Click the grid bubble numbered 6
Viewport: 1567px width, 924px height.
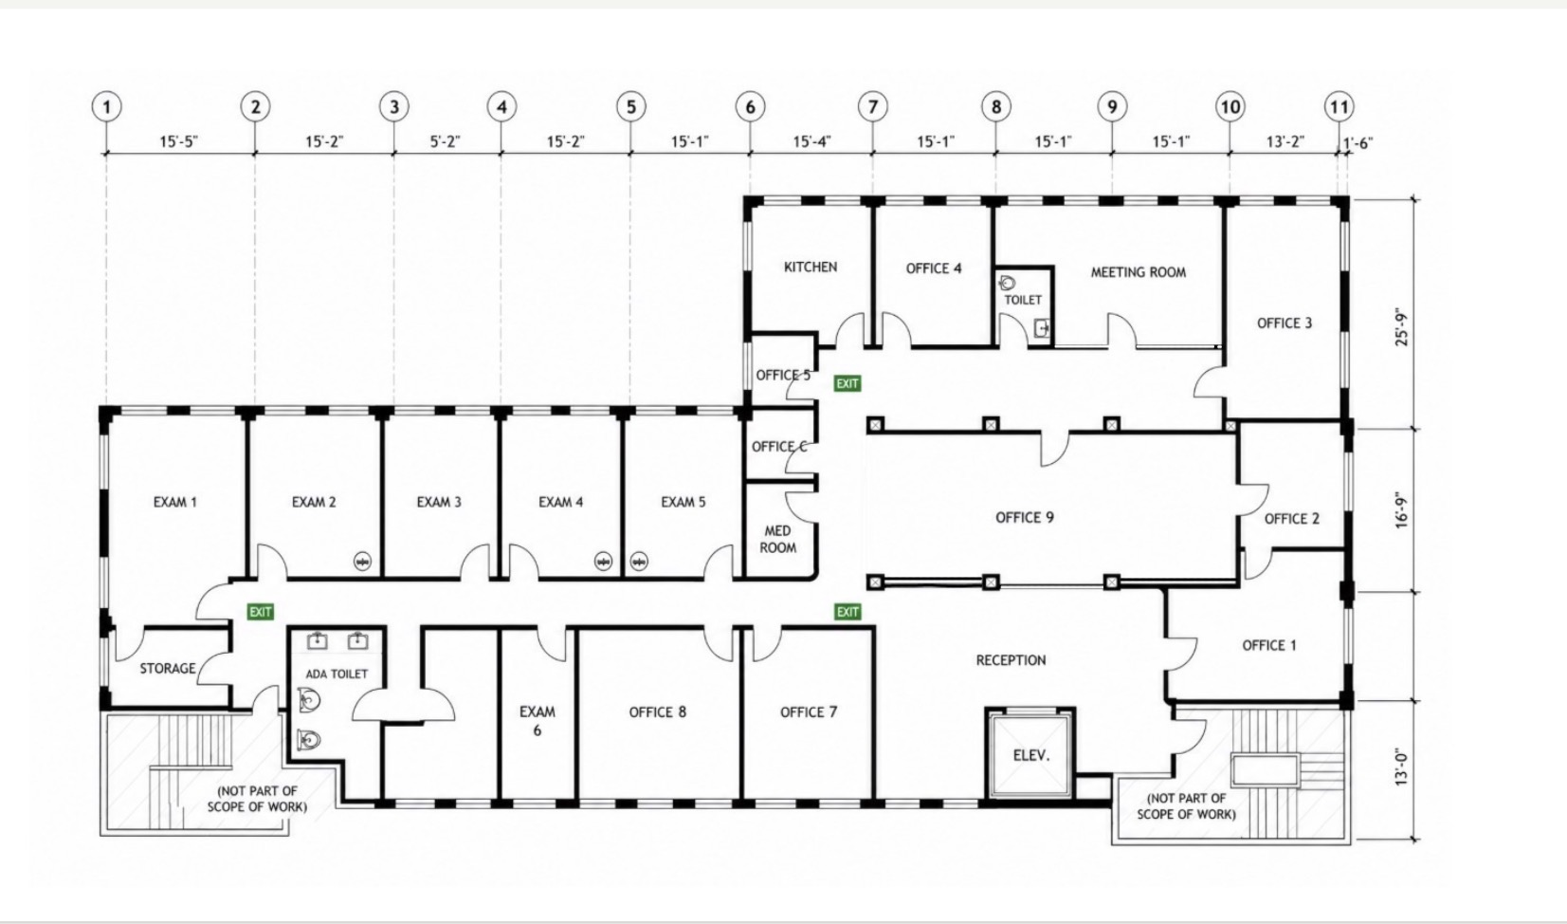tap(750, 107)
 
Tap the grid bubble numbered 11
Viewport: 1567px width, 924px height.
tap(1339, 107)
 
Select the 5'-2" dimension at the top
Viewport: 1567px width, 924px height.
tap(445, 141)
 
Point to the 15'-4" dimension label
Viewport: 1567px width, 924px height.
tap(811, 141)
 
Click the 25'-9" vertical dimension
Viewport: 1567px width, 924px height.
tap(1401, 327)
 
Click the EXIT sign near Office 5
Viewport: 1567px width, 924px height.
tap(847, 383)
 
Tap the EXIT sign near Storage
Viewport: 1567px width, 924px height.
tap(261, 612)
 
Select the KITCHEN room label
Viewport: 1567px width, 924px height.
tap(811, 267)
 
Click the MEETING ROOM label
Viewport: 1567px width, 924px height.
tap(1139, 272)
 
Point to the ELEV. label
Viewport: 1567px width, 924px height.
tap(1031, 755)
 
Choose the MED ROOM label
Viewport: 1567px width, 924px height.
tap(778, 539)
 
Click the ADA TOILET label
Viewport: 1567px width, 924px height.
tap(337, 675)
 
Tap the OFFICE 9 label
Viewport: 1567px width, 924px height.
tap(1024, 517)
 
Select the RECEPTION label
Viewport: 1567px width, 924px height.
tap(1011, 660)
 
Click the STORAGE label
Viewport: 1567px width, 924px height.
tap(168, 669)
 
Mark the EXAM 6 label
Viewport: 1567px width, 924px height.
tap(538, 721)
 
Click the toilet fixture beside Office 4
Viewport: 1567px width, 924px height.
tap(1008, 284)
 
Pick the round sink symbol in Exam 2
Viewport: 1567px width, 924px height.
tap(362, 561)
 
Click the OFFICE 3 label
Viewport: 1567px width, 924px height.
tap(1285, 323)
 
